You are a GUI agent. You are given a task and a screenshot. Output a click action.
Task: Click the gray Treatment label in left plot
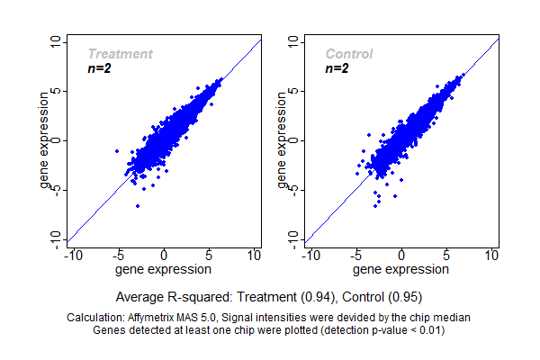click(x=120, y=54)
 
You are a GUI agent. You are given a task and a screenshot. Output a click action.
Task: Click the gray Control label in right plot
click(x=348, y=54)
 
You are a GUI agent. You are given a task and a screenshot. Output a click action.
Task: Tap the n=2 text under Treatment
click(x=99, y=68)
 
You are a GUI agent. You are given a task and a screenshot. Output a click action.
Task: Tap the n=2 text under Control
click(x=337, y=68)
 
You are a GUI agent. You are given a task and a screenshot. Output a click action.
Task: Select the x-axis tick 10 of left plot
click(x=254, y=256)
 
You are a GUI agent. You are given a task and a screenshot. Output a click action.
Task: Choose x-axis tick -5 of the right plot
click(x=355, y=256)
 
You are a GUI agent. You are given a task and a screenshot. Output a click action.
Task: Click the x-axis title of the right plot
click(x=401, y=269)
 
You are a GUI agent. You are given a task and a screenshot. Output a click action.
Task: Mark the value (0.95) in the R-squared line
click(x=407, y=295)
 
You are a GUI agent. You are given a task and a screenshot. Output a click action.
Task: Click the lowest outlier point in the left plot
click(x=138, y=206)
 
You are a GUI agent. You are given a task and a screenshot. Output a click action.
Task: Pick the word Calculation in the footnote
click(x=97, y=318)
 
